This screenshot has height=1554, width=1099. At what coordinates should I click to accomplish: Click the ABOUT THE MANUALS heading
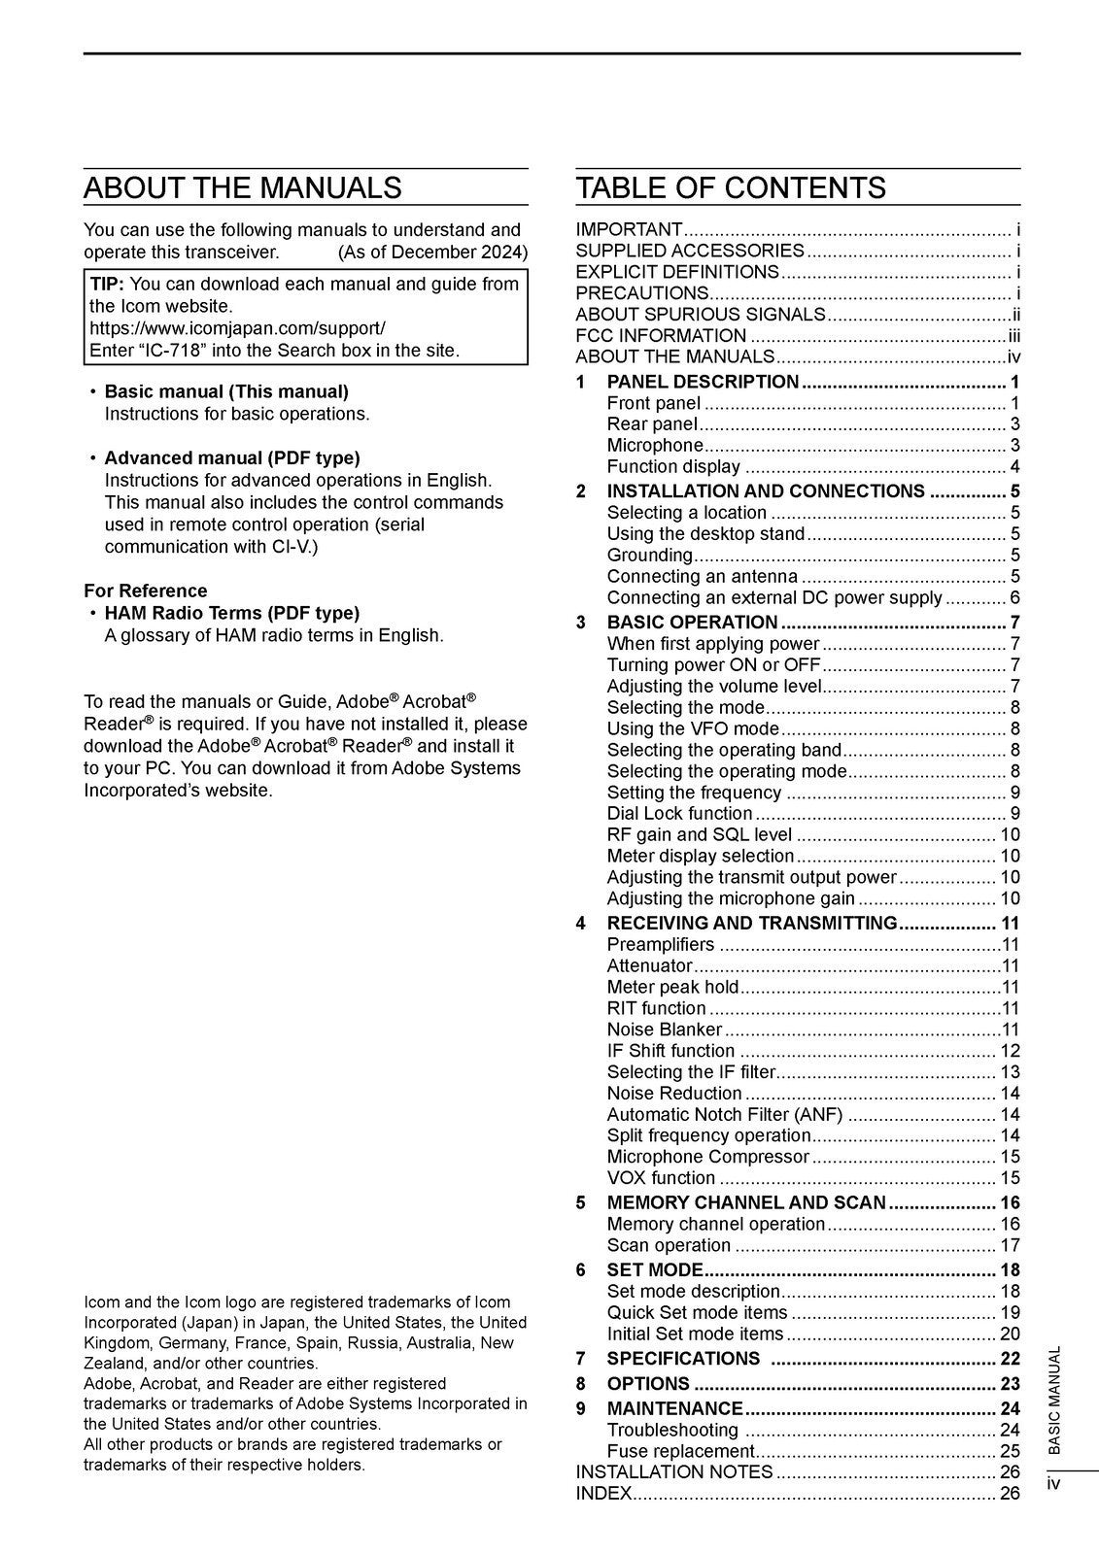(x=242, y=187)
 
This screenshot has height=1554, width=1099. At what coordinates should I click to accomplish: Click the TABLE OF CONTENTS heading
(x=731, y=187)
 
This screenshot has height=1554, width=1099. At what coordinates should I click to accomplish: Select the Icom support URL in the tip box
(x=237, y=328)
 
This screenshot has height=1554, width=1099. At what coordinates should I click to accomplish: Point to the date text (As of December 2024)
(x=432, y=253)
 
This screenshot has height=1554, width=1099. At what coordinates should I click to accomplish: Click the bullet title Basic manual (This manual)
(x=225, y=391)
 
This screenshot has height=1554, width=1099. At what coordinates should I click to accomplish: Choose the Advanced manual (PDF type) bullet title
(x=231, y=457)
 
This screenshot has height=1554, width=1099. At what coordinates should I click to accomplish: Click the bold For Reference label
(x=146, y=591)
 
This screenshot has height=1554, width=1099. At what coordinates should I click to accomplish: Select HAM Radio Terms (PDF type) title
(x=231, y=613)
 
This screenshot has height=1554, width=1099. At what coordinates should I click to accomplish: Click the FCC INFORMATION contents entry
(x=661, y=335)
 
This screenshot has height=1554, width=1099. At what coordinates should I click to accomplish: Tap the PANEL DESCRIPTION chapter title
(x=703, y=382)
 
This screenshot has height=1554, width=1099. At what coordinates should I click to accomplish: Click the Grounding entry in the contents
(x=649, y=555)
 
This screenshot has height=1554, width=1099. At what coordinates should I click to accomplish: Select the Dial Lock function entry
(x=679, y=813)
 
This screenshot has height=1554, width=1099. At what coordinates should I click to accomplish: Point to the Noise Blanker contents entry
(x=665, y=1029)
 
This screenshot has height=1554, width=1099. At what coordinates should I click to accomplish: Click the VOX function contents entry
(x=661, y=1177)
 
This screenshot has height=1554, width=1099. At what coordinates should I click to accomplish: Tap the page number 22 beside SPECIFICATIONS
(x=1010, y=1358)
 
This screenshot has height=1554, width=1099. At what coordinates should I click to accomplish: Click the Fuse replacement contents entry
(x=680, y=1451)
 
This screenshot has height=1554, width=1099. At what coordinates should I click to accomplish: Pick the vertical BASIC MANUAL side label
(x=1054, y=1399)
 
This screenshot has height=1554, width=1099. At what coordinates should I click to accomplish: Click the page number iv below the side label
(x=1054, y=1483)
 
